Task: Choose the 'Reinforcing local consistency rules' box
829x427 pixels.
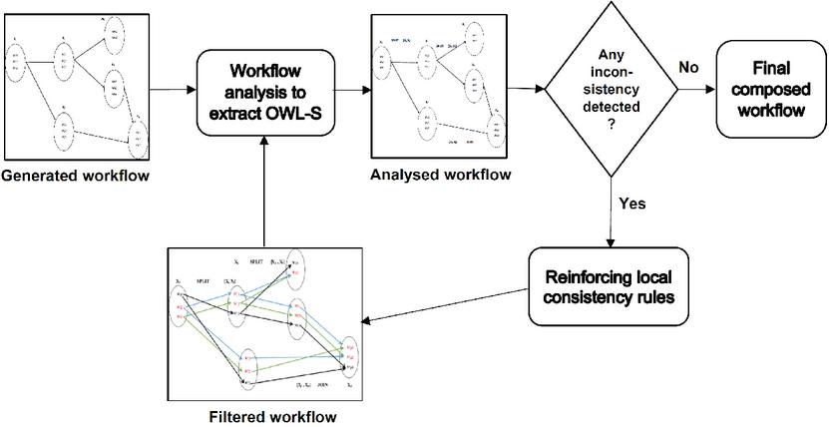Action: (610, 285)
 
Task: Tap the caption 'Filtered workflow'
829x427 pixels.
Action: (264, 415)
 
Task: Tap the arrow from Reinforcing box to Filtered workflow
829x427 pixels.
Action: (449, 304)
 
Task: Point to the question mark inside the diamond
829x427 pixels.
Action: (609, 122)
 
